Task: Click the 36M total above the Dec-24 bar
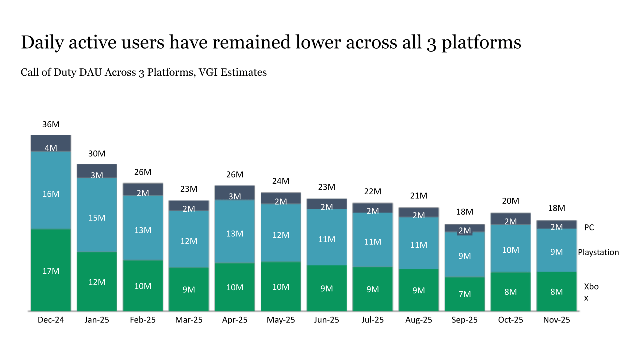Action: pos(51,124)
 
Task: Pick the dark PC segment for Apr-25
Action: pos(235,192)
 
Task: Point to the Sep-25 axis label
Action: pos(465,320)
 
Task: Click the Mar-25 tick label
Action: pos(189,320)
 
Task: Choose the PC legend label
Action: pos(589,227)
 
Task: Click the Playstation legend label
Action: pos(598,252)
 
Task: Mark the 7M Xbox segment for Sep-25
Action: pos(465,294)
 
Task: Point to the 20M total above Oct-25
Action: pos(511,201)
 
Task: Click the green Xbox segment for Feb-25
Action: pos(143,286)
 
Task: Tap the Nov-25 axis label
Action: pos(557,320)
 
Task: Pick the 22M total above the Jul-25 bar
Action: pos(373,191)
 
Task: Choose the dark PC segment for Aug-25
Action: pos(419,212)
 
